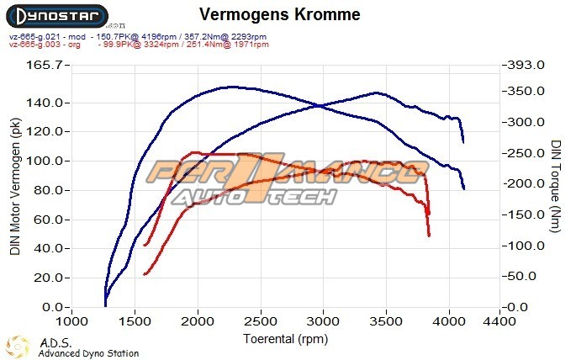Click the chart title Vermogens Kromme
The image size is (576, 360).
pyautogui.click(x=280, y=14)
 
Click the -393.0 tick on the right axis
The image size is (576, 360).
pyautogui.click(x=523, y=65)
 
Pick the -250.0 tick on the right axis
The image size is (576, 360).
pyautogui.click(x=523, y=153)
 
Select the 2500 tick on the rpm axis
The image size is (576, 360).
pyautogui.click(x=262, y=321)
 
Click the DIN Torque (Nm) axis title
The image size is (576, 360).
pyautogui.click(x=556, y=187)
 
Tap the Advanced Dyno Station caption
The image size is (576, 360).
pyautogui.click(x=88, y=353)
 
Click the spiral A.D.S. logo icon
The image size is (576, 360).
pyautogui.click(x=18, y=347)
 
